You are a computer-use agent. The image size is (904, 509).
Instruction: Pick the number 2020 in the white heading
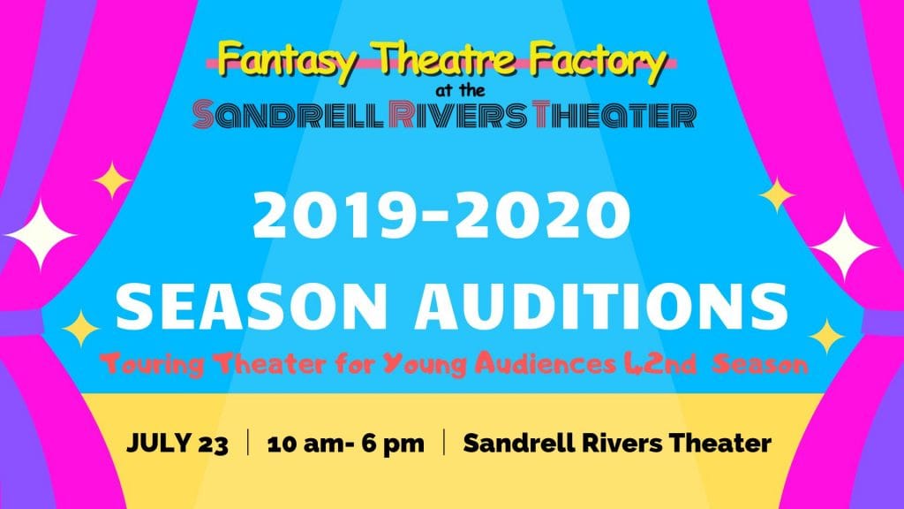543,216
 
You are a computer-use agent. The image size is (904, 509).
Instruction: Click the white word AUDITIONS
600,306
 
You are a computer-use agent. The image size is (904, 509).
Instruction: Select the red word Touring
152,364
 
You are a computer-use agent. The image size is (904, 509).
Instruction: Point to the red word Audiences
546,363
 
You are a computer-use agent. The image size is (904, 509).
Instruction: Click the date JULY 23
177,444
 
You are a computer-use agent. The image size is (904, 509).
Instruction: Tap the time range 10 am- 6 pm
346,444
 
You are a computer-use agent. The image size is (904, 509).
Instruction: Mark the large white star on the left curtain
41,235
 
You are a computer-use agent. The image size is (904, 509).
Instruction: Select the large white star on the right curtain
844,247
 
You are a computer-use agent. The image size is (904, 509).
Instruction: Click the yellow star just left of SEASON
81,329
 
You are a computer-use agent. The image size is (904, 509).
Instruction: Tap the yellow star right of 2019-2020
777,195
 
